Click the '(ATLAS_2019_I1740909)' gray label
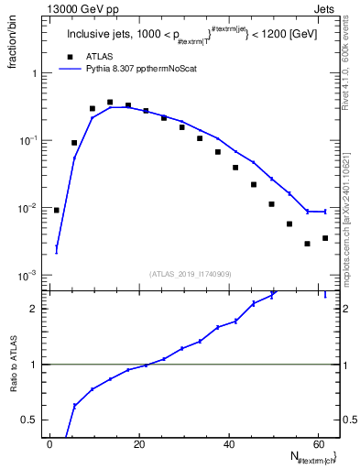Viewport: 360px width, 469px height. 191,273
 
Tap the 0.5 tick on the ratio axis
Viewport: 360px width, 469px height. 29,420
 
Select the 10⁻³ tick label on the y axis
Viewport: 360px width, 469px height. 27,276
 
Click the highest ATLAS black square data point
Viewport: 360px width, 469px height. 110,103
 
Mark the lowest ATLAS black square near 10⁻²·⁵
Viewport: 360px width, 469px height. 307,244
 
